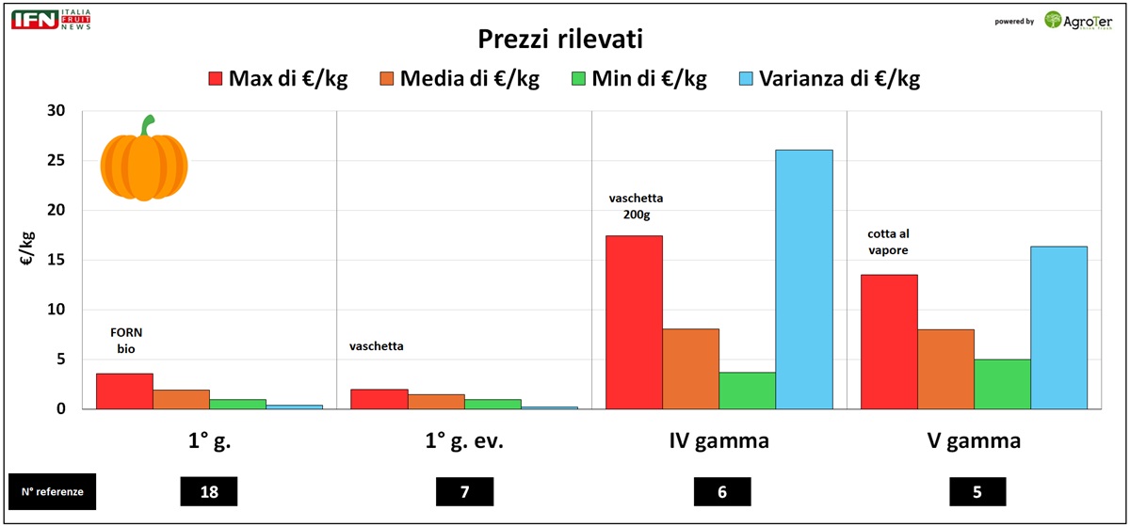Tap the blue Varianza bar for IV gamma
click(x=804, y=279)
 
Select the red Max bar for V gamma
click(x=889, y=342)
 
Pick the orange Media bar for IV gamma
click(x=690, y=368)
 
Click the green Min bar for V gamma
click(x=1002, y=384)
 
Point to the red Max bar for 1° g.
click(x=124, y=391)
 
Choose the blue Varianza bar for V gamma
click(x=1058, y=327)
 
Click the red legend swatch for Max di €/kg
click(x=215, y=78)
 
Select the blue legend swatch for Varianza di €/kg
click(x=746, y=78)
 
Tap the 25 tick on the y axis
click(x=56, y=160)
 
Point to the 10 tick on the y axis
click(x=56, y=310)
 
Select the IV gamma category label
click(x=720, y=441)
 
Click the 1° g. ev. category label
click(x=464, y=441)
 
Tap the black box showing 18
click(x=208, y=491)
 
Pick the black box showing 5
click(x=977, y=491)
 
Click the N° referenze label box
click(x=53, y=491)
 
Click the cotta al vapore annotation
click(x=889, y=242)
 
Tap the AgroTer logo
click(x=1077, y=20)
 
